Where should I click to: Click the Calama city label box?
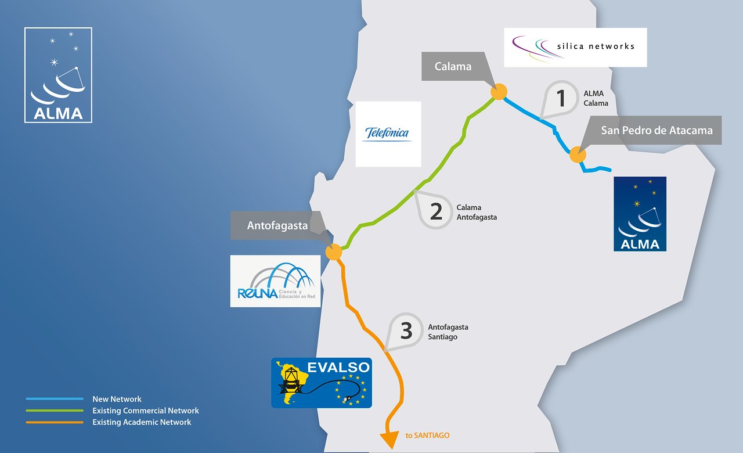coord(453,67)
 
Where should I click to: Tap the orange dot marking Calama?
coord(499,92)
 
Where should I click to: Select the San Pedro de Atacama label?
coord(657,130)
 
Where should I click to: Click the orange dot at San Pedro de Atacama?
coord(577,154)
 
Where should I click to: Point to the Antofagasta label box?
coord(277,225)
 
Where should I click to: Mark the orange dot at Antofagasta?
coord(333,252)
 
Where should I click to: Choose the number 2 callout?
coord(436,211)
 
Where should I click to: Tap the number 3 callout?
coord(406,331)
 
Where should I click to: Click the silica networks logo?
coord(575,47)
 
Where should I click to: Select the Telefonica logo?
coord(388,134)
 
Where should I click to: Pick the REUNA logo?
coord(275,281)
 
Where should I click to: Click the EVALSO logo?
coord(321,382)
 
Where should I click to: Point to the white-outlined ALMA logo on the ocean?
coord(58,75)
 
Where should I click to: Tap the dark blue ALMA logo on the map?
coord(640,214)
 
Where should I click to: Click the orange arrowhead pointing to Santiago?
coord(390,440)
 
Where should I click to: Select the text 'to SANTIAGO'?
coord(428,435)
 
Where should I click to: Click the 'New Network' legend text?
coord(117,399)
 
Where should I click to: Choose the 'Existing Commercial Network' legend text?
coord(146,411)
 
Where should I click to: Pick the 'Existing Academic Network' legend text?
coord(142,422)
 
